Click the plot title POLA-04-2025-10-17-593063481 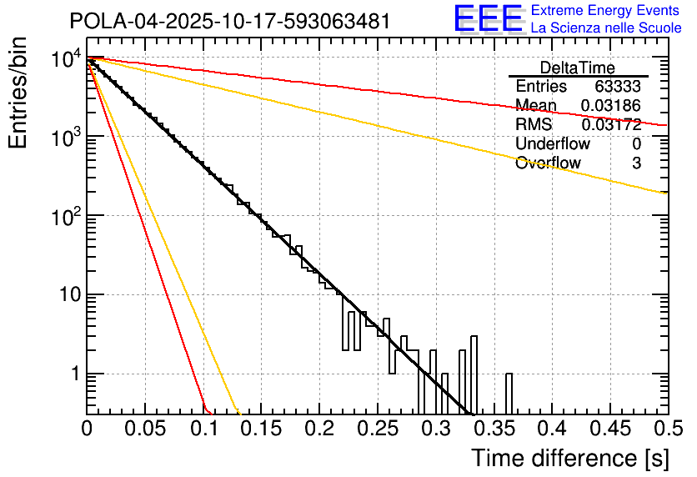click(229, 21)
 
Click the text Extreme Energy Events click(605, 11)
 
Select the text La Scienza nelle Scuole click(605, 28)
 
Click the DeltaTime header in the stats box click(578, 68)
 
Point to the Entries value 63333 click(618, 87)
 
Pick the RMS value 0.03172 click(611, 125)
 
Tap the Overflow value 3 click(636, 163)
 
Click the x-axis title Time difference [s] click(569, 458)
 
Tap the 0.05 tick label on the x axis click(144, 429)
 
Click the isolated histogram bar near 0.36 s click(509, 393)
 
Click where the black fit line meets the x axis click(471, 414)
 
